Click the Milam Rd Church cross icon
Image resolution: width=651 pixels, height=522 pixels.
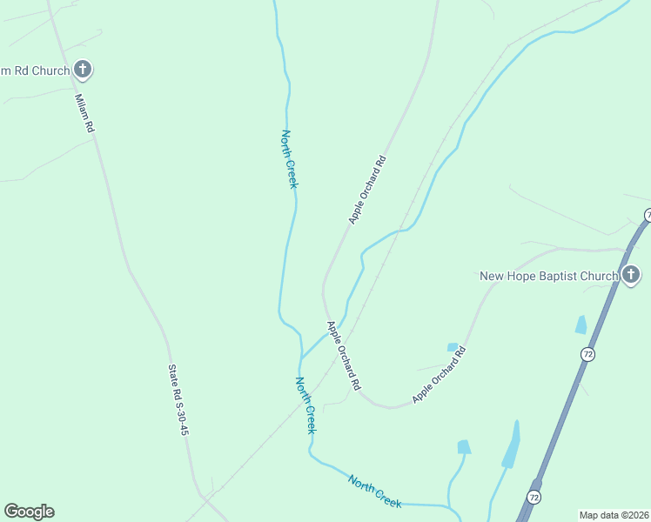click(x=83, y=70)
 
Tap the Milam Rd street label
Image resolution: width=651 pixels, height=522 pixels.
click(x=84, y=113)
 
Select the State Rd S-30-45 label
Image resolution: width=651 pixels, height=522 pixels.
click(x=178, y=399)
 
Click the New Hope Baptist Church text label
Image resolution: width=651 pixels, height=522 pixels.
click(x=548, y=276)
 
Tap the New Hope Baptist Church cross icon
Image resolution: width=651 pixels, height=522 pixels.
click(x=631, y=276)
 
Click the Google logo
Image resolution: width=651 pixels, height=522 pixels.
click(x=29, y=512)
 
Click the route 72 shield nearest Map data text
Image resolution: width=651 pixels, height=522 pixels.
click(x=534, y=497)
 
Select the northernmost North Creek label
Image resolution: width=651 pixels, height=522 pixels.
click(x=289, y=159)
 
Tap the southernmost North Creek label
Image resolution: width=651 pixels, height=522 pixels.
click(x=375, y=492)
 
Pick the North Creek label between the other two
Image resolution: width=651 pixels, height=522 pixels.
click(x=305, y=405)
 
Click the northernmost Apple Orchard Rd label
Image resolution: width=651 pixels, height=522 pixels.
click(x=366, y=190)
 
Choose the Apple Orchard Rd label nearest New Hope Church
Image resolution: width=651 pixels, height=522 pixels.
click(x=440, y=375)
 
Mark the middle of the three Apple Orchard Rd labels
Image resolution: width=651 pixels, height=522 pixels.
click(x=343, y=355)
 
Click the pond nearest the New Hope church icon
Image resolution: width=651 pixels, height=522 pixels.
click(x=581, y=325)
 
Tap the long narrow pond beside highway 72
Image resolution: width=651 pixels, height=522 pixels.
click(x=512, y=445)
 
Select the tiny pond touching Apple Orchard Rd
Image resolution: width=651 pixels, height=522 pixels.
click(x=453, y=347)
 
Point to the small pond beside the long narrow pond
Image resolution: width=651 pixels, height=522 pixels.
click(x=464, y=447)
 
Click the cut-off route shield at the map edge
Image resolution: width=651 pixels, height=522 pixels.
click(x=648, y=215)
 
